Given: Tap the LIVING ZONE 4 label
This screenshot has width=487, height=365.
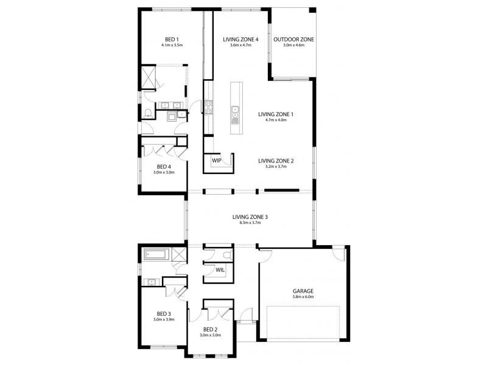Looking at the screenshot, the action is pyautogui.click(x=240, y=40).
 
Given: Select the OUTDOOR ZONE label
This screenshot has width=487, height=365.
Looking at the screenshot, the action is pyautogui.click(x=293, y=40).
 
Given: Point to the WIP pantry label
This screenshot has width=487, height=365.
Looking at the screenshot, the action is pyautogui.click(x=217, y=161).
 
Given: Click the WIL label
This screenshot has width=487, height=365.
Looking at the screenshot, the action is pyautogui.click(x=220, y=270).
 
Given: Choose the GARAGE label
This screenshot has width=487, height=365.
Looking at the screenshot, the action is pyautogui.click(x=303, y=291).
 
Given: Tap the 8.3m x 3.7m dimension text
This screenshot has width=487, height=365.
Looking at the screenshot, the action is pyautogui.click(x=250, y=223).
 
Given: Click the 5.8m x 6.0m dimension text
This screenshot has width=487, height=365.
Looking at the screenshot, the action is pyautogui.click(x=303, y=297).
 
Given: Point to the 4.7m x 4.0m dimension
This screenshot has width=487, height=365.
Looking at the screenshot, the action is pyautogui.click(x=276, y=120).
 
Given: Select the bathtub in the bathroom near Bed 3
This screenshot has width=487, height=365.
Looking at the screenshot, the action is pyautogui.click(x=156, y=254).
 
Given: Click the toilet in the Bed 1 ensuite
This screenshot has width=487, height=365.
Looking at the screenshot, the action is pyautogui.click(x=148, y=114).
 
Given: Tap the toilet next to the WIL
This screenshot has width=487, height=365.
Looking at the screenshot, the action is pyautogui.click(x=228, y=255).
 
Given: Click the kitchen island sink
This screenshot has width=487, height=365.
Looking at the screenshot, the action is pyautogui.click(x=235, y=109).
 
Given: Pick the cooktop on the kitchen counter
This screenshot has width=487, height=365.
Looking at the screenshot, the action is pyautogui.click(x=208, y=106).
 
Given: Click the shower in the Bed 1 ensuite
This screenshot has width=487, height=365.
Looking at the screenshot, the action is pyautogui.click(x=148, y=77).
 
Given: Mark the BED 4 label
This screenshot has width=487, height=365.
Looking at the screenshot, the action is pyautogui.click(x=164, y=167).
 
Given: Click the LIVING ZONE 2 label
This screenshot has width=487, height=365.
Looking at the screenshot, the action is pyautogui.click(x=276, y=161).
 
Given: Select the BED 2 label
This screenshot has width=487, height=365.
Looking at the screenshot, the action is pyautogui.click(x=210, y=329).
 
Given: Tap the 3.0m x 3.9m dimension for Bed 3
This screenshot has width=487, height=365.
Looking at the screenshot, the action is pyautogui.click(x=164, y=319).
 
